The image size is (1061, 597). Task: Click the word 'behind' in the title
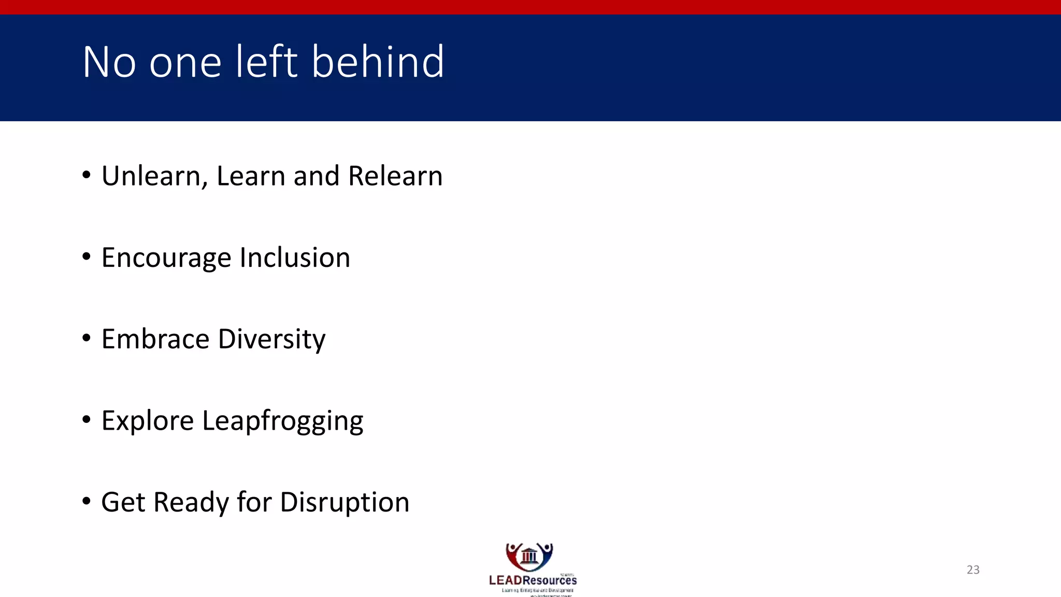tap(378, 62)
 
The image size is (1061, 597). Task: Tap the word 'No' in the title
tap(109, 62)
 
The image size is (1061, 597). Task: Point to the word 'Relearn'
tap(395, 176)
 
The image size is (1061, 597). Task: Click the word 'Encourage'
tap(166, 258)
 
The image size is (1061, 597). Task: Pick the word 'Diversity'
tap(271, 340)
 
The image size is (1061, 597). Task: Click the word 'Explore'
tap(148, 421)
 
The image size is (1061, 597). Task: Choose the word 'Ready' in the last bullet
tap(191, 503)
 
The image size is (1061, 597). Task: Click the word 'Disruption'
tap(345, 503)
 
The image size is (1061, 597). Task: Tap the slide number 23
tap(973, 570)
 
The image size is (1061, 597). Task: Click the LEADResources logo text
tap(533, 580)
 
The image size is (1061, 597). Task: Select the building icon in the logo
tap(529, 556)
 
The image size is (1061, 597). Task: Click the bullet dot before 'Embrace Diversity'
tap(87, 338)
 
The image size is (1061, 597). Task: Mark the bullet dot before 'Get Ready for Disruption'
tap(87, 501)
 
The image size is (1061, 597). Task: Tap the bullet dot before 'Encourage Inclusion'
tap(87, 257)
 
